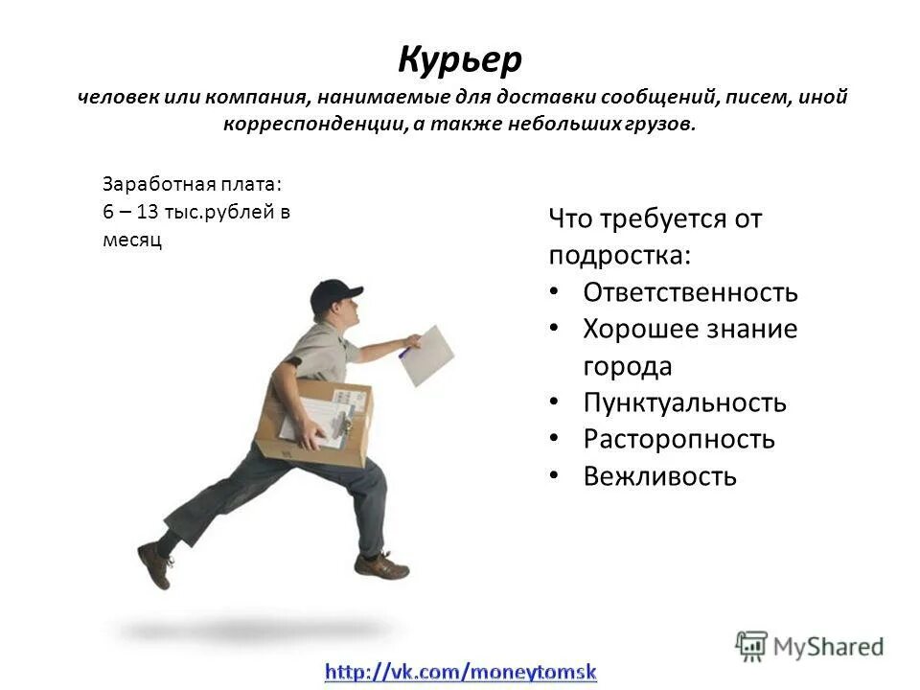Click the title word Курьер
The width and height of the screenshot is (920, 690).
point(460,60)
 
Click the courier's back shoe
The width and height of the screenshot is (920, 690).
point(154,564)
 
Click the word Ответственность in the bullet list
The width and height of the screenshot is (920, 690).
point(690,292)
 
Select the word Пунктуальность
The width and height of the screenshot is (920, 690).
point(684,402)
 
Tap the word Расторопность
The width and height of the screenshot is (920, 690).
point(678,440)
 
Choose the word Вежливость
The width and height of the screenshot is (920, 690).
point(659,476)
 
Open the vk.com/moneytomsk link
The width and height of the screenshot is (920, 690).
point(460,672)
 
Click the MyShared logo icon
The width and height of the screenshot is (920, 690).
point(751,645)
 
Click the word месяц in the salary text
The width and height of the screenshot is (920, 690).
point(132,241)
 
